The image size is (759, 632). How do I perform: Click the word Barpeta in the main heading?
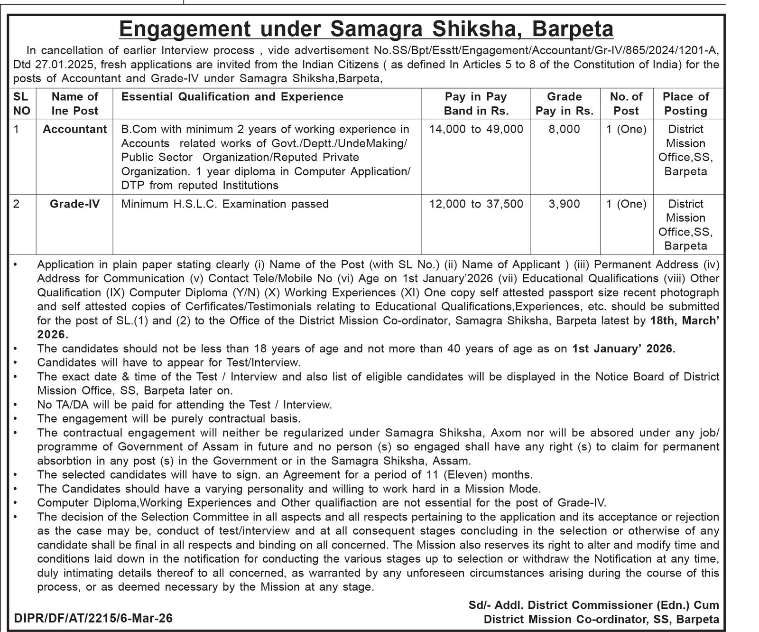click(x=573, y=29)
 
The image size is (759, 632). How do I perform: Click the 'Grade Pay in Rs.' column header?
click(x=564, y=104)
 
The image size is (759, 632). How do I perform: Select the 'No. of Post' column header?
click(x=626, y=104)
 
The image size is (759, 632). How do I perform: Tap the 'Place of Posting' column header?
click(x=685, y=104)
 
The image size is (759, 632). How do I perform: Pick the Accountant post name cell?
click(x=74, y=129)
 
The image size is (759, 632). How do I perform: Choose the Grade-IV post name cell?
click(x=74, y=204)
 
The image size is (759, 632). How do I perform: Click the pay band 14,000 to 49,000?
click(x=476, y=129)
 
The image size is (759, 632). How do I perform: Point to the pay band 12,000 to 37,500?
click(x=476, y=204)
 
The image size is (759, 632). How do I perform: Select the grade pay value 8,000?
click(x=564, y=129)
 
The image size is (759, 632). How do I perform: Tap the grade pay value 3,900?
click(x=564, y=204)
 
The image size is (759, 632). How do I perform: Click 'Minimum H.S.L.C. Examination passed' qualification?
click(x=225, y=204)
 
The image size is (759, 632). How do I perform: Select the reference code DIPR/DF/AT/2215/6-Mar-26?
click(x=93, y=618)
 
